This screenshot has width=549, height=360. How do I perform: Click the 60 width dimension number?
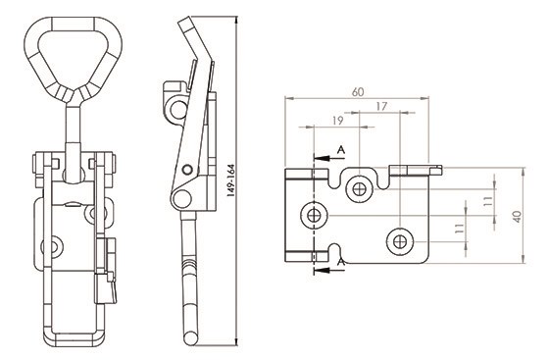click(x=358, y=92)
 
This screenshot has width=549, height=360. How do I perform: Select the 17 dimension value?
click(x=381, y=106)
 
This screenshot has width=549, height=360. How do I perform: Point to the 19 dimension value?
click(x=337, y=121)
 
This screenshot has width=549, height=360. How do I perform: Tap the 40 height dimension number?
click(x=519, y=217)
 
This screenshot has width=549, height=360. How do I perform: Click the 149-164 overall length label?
click(x=230, y=180)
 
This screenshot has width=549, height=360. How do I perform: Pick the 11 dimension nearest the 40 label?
click(x=488, y=201)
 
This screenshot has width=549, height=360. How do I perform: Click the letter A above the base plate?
click(x=341, y=150)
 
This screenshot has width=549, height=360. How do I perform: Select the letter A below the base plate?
click(x=341, y=262)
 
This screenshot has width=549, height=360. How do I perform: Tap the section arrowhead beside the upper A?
click(x=322, y=158)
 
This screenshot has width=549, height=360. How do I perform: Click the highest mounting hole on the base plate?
click(x=359, y=189)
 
